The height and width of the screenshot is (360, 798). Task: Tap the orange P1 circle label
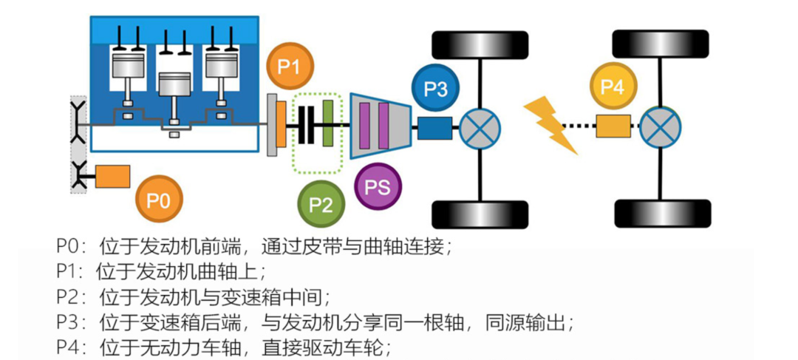coord(290,67)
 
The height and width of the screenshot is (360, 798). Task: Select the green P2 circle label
coord(321,203)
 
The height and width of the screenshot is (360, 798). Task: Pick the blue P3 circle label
coord(436,89)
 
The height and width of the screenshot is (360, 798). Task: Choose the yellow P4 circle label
coord(613,87)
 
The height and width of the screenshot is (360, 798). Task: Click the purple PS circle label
coord(378,186)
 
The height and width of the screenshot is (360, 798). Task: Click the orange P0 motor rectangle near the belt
coord(113,177)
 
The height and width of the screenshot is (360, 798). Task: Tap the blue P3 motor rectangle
coord(434,128)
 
